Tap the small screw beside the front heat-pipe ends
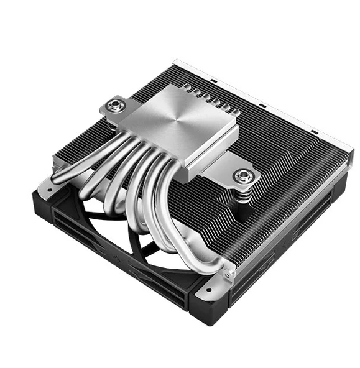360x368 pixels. coord(228,272)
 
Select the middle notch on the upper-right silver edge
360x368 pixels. coord(262,104)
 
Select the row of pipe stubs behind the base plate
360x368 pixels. coord(205,98)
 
